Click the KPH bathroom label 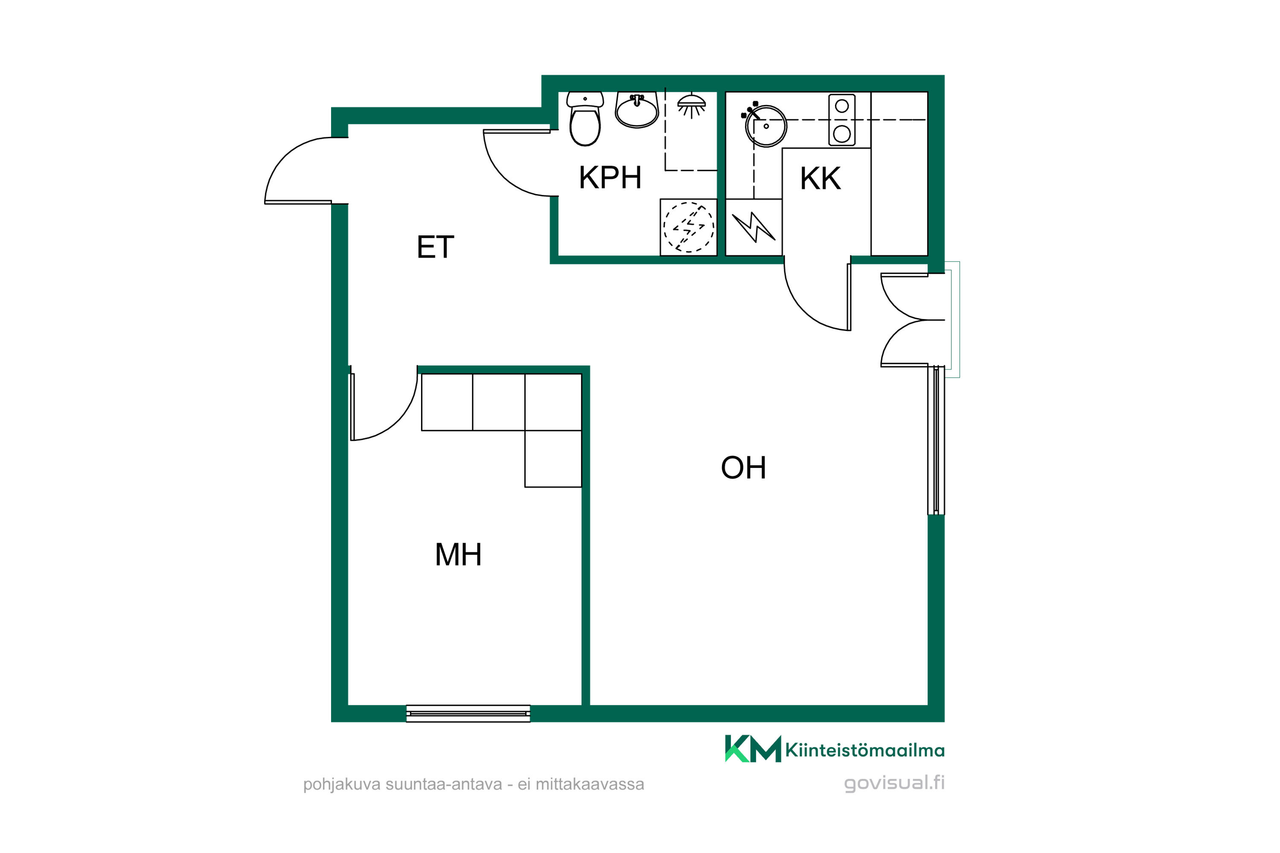click(610, 177)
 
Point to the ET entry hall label click(435, 247)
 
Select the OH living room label click(743, 467)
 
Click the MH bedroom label click(458, 555)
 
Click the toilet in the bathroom click(585, 119)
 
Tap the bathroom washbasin click(637, 110)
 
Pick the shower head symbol click(691, 106)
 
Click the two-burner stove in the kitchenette click(841, 120)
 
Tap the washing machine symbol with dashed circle click(689, 227)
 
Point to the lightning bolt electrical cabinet click(754, 227)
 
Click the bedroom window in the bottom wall click(468, 713)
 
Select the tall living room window click(936, 440)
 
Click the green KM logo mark click(753, 749)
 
